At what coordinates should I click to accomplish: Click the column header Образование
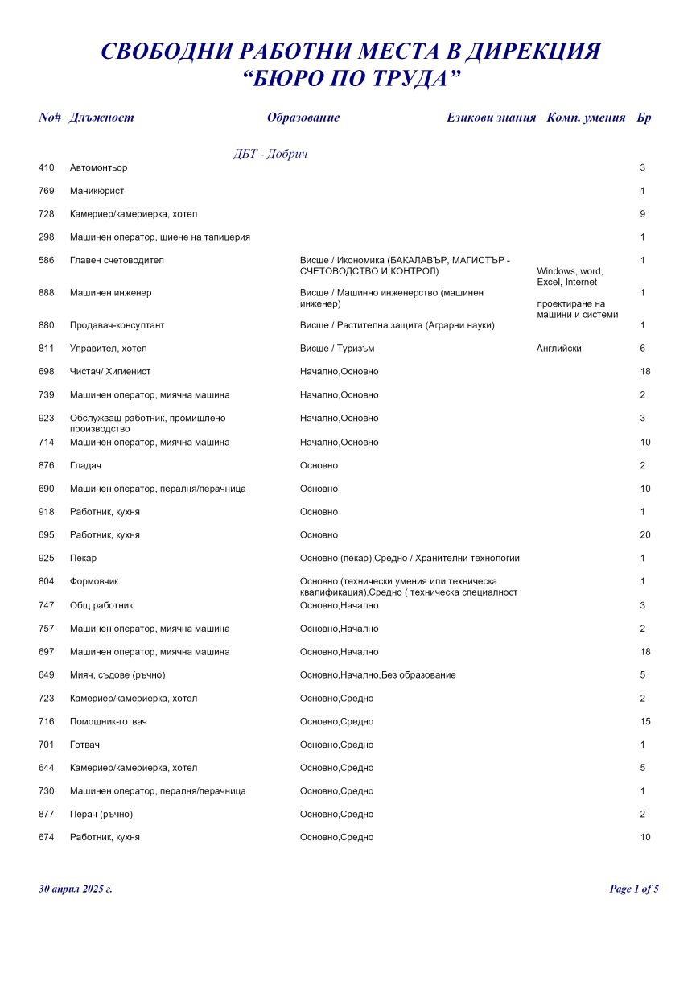click(x=303, y=118)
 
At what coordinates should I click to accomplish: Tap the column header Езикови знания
click(x=491, y=118)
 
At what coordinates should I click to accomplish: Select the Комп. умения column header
click(x=586, y=118)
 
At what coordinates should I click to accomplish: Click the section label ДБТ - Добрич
click(x=270, y=154)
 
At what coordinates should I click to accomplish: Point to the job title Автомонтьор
click(x=98, y=168)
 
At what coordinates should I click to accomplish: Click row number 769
click(x=46, y=192)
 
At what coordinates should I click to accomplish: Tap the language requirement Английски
click(x=558, y=349)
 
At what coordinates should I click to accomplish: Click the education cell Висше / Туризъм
click(x=337, y=349)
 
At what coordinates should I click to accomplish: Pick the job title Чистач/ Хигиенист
click(x=110, y=372)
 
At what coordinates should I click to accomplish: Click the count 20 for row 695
click(x=644, y=535)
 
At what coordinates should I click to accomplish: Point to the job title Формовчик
click(x=94, y=581)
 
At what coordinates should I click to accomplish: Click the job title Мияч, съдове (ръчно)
click(x=117, y=675)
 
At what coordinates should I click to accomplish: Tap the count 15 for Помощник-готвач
click(x=644, y=722)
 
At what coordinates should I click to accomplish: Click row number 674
click(x=46, y=838)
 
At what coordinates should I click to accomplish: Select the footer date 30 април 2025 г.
click(x=76, y=889)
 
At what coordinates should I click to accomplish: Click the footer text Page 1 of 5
click(x=634, y=889)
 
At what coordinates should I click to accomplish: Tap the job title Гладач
click(x=85, y=466)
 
